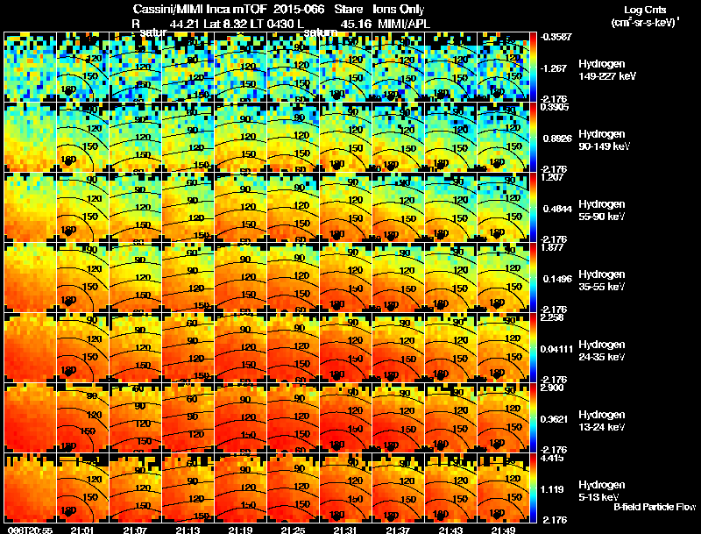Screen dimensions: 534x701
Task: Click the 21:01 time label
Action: coord(82,529)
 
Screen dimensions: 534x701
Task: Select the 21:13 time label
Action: coord(188,529)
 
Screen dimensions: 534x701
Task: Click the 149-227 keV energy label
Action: coord(605,76)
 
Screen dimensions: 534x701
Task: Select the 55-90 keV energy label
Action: coord(602,217)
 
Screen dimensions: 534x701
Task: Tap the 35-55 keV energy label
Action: coord(602,287)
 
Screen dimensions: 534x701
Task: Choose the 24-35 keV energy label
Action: coord(602,357)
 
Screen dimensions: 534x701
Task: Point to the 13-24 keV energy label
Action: coord(602,427)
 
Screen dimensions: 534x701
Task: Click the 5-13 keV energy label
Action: coord(600,497)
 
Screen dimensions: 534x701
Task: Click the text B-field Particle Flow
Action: coord(654,507)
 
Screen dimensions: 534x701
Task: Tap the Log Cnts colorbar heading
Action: coord(644,11)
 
